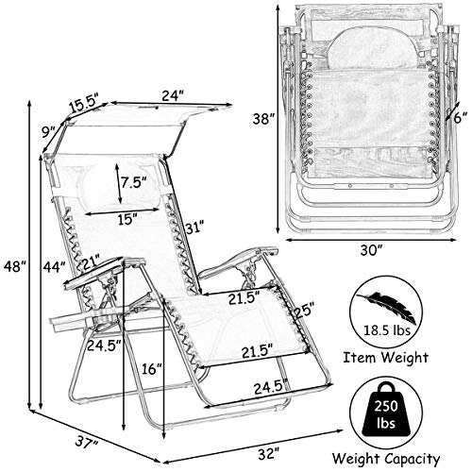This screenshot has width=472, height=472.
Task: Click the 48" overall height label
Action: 13,266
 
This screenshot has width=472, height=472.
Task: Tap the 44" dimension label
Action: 54,267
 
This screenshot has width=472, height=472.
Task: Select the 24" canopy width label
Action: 172,95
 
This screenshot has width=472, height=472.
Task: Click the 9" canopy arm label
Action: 50,132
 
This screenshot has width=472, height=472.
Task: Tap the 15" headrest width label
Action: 127,219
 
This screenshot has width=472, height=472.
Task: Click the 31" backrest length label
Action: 194,227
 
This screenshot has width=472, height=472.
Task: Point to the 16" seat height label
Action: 151,368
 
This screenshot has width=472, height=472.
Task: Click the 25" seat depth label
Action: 304,311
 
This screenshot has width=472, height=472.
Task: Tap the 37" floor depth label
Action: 87,442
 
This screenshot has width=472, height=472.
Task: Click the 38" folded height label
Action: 263,119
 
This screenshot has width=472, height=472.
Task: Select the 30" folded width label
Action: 372,251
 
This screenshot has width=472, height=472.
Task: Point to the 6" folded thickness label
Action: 461,118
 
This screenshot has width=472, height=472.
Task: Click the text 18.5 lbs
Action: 387,330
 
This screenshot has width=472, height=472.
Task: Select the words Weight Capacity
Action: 386,459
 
